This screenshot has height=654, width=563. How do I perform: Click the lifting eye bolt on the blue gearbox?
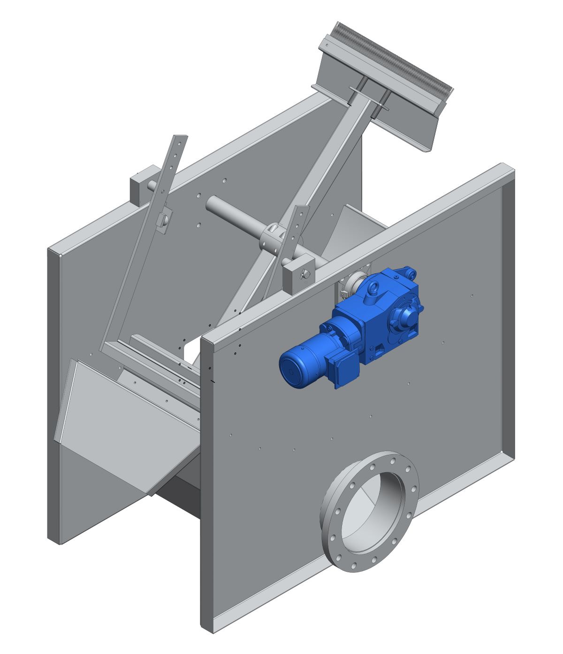coord(376,287)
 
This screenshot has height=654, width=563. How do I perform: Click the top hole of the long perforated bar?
coord(179,140)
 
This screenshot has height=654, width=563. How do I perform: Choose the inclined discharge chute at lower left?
coord(122,423)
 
